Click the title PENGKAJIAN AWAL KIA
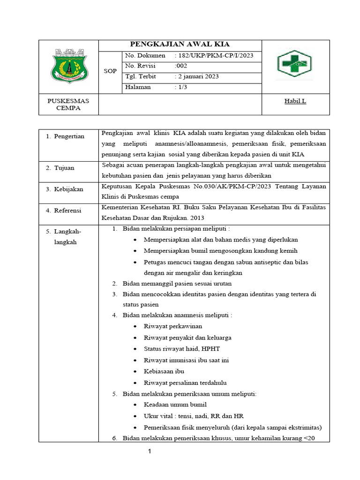click(180, 45)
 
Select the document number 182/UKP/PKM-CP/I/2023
click(215, 56)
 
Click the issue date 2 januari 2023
click(196, 76)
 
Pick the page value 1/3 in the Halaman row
click(180, 87)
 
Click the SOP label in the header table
click(110, 71)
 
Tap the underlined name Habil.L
click(295, 101)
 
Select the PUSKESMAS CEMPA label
click(68, 105)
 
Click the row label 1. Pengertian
click(65, 136)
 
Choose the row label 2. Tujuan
click(60, 168)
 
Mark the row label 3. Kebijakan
click(65, 189)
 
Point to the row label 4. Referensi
click(64, 210)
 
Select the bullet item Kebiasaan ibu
click(164, 371)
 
